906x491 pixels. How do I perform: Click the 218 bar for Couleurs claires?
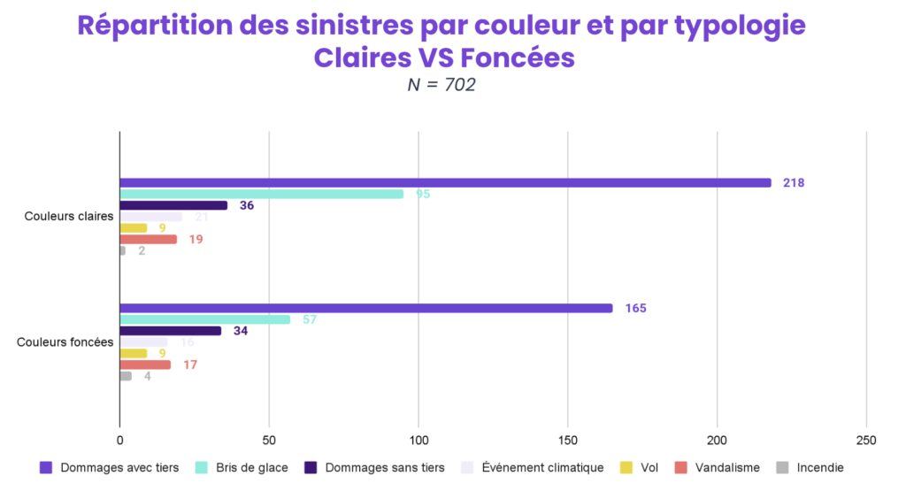[x=445, y=183]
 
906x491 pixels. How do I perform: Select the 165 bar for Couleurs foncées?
[x=365, y=309]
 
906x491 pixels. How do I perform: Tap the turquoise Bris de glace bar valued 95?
[x=261, y=194]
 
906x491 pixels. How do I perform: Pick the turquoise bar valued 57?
[x=204, y=319]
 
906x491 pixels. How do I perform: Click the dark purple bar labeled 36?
[x=173, y=205]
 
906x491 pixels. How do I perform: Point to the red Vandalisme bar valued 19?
[x=148, y=239]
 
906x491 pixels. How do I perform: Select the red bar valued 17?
[x=145, y=364]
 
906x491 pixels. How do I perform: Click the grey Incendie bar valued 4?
[x=126, y=376]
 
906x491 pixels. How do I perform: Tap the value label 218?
[x=793, y=183]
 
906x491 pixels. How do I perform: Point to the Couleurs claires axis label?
[x=65, y=217]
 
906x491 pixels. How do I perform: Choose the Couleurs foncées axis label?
[x=65, y=342]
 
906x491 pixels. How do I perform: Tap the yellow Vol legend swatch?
[x=626, y=468]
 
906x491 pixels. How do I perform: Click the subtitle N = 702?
[x=441, y=86]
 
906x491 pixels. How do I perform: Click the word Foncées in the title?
[x=512, y=58]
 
